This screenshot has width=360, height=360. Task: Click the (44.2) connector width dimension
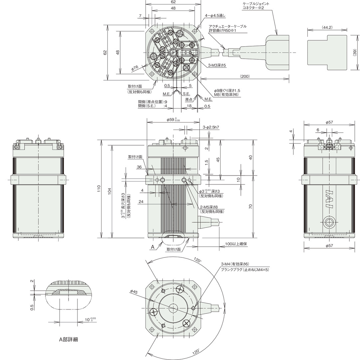click(327, 27)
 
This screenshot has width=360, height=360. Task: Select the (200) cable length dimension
click(245, 76)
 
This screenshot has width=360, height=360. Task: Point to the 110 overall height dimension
click(99, 188)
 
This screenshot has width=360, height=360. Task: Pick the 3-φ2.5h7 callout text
click(211, 127)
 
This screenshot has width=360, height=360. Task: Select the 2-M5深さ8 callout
click(209, 207)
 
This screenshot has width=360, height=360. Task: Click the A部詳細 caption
click(69, 339)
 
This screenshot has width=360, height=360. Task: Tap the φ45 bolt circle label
click(134, 292)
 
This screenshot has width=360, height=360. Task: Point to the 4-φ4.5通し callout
click(215, 16)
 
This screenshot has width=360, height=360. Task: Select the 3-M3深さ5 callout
click(217, 65)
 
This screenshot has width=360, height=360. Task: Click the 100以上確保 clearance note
click(236, 244)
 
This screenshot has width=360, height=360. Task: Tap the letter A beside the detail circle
click(152, 247)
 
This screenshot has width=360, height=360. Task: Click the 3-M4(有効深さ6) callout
click(235, 264)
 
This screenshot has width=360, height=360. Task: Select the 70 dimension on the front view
click(251, 206)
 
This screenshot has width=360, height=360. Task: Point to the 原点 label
click(189, 100)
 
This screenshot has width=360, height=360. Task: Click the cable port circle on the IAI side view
click(329, 222)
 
